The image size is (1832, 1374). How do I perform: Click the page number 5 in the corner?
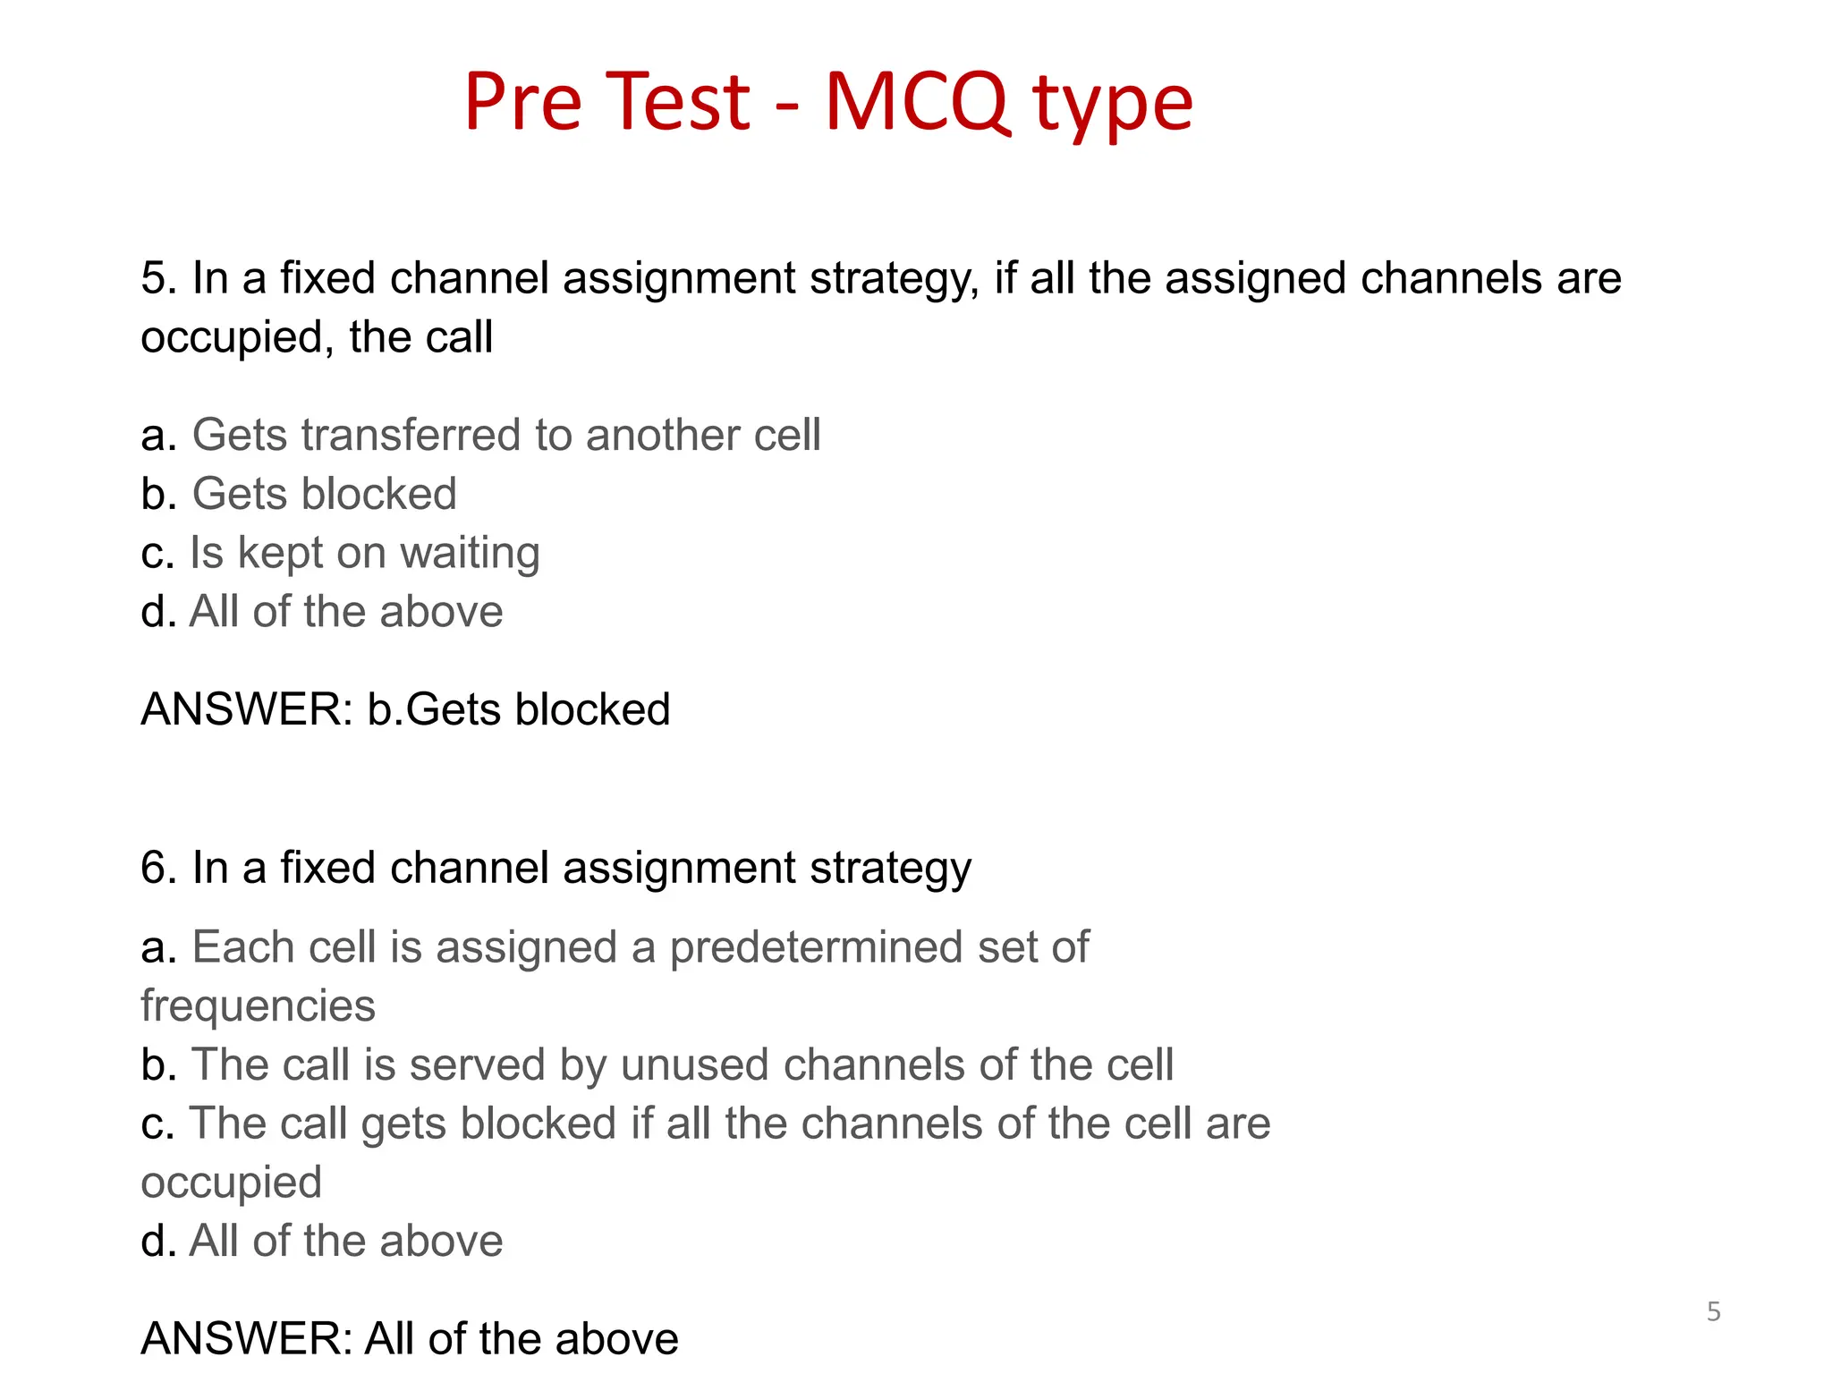(x=1713, y=1311)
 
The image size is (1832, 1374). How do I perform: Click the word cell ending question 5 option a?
(x=786, y=436)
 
